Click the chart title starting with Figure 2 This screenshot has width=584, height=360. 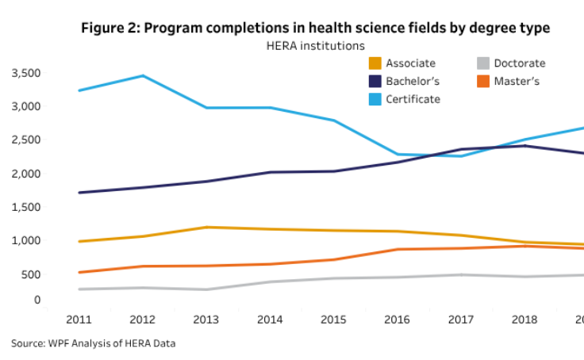pos(315,29)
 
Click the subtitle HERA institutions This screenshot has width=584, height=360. pos(315,47)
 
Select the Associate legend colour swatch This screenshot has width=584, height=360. pos(375,63)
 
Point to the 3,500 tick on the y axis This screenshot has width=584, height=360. pos(25,73)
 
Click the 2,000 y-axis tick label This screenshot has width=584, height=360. pos(25,174)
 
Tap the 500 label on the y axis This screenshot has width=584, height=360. pos(30,274)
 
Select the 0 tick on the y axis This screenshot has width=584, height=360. pos(36,300)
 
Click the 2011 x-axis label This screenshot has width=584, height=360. pos(79,320)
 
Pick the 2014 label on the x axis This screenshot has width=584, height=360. pos(271,320)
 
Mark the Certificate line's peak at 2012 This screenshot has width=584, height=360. pos(143,75)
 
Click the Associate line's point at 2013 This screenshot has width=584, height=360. pos(207,228)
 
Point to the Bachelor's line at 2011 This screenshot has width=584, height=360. pos(79,193)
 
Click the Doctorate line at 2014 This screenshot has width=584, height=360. pos(271,281)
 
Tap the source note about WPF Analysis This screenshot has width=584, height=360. pos(93,343)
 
